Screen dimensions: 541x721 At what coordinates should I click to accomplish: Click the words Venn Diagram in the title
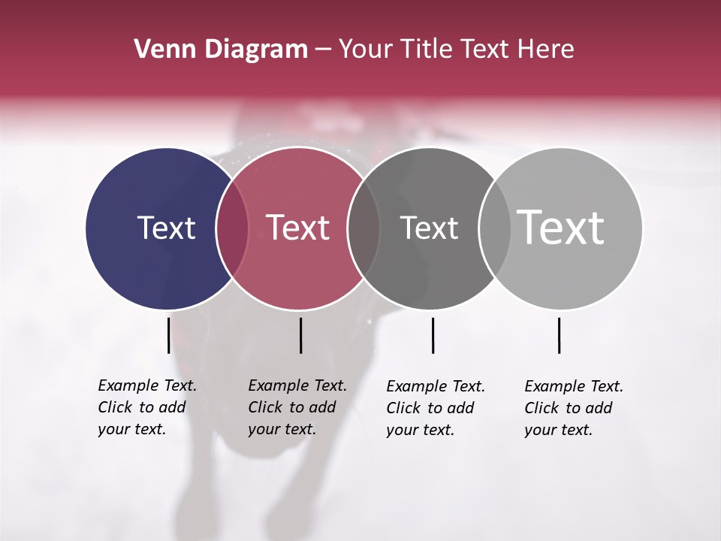(x=221, y=50)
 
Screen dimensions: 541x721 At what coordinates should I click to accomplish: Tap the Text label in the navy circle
(x=166, y=228)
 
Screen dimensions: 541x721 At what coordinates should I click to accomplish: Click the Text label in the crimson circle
(x=298, y=228)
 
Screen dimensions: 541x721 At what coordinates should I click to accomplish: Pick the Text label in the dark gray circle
(x=429, y=228)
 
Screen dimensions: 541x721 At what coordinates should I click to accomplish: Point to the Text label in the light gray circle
(x=561, y=227)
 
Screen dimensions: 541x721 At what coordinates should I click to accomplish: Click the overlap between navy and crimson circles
(x=232, y=228)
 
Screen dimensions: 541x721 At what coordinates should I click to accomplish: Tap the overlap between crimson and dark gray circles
(x=364, y=228)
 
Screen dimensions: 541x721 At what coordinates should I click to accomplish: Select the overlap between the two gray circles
(x=494, y=228)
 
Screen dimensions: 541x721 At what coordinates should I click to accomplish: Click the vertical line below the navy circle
(x=169, y=335)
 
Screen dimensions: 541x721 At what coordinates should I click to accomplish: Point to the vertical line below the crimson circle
(x=300, y=335)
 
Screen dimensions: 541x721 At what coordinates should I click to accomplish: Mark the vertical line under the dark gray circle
(x=433, y=335)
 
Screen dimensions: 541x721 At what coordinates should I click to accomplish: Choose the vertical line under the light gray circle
(x=559, y=335)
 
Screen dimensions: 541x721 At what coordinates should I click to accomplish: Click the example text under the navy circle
(x=146, y=407)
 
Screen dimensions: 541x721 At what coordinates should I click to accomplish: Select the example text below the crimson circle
(x=297, y=407)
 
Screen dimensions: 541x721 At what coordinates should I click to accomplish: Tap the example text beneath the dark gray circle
(x=435, y=408)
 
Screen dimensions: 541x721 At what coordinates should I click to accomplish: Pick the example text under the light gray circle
(x=573, y=408)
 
